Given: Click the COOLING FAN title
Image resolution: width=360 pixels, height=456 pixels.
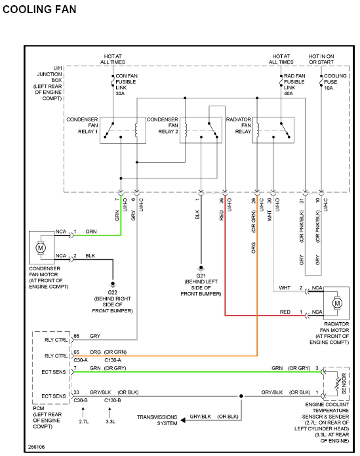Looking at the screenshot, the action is click(39, 9).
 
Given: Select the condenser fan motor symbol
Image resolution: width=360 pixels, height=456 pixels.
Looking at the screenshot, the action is click(41, 248).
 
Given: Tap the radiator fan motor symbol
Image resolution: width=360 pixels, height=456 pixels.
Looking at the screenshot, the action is click(337, 303).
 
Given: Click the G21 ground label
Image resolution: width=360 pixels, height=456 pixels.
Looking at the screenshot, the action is click(201, 276).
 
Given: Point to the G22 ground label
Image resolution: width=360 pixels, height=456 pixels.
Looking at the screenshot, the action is click(112, 292).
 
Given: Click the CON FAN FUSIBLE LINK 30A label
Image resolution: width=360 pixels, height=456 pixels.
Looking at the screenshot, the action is click(127, 85).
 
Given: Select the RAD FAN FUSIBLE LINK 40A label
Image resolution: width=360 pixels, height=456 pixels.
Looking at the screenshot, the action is click(294, 85).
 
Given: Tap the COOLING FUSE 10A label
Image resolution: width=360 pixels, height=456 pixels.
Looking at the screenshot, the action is click(335, 82).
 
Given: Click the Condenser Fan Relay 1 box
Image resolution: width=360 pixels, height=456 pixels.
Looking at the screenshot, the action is click(123, 131).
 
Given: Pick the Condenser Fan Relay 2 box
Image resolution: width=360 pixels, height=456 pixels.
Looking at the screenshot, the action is click(201, 131).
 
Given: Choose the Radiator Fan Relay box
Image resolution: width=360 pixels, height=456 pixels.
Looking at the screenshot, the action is click(273, 131).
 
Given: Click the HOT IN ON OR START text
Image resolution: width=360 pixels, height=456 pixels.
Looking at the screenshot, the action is click(321, 59).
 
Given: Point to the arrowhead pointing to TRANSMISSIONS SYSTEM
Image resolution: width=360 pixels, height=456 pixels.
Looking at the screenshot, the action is click(183, 420).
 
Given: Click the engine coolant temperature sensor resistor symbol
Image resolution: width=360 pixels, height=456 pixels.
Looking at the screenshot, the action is click(337, 384).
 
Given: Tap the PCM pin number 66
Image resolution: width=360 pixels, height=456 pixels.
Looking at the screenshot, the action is click(77, 336).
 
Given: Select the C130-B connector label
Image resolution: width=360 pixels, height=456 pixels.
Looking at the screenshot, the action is click(112, 400).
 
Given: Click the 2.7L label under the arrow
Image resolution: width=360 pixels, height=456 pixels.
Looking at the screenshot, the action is click(83, 422).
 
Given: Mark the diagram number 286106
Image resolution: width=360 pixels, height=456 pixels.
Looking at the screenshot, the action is click(36, 447).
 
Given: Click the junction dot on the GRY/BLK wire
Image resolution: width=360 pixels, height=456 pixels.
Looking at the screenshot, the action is click(241, 396).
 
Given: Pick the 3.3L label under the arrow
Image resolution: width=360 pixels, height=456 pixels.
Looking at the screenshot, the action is click(110, 422).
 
